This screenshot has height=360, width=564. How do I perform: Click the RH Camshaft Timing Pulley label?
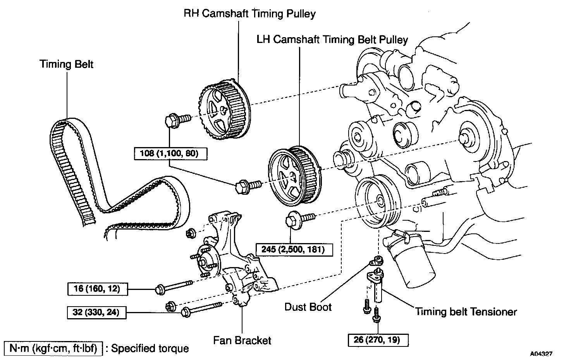249,14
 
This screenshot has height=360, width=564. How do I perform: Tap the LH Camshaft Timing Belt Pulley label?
332,39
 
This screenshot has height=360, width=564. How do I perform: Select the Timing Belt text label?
66,64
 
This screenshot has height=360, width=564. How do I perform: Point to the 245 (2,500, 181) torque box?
293,249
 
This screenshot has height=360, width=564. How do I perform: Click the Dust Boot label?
308,307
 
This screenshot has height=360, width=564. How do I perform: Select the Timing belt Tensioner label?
466,312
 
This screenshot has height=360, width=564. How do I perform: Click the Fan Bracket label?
242,340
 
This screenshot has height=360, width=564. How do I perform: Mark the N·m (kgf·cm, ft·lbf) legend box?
53,348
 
